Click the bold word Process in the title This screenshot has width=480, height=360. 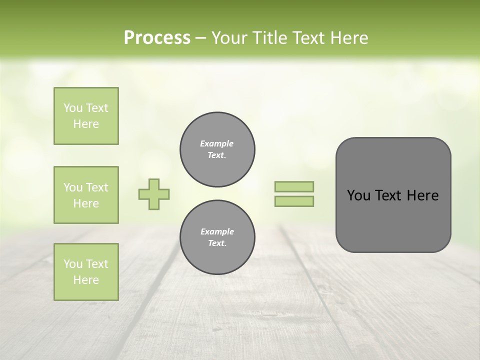pos(157,38)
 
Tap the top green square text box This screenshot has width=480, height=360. pos(86,116)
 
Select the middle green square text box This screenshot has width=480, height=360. pos(86,195)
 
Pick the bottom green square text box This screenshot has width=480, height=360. pos(86,272)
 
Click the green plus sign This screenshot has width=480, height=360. pos(154,194)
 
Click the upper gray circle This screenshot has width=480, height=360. pos(217,149)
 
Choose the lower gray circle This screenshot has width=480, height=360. pos(217,237)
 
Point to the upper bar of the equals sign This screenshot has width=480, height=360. pos(294,186)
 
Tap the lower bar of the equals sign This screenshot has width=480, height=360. pos(294,201)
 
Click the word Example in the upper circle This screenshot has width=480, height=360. pos(217,143)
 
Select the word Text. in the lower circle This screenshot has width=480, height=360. pos(217,243)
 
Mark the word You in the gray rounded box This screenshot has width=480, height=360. pos(358,195)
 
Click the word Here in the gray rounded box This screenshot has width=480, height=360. pos(422,195)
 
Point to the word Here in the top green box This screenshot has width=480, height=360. pos(86,124)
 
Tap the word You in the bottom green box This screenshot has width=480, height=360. pos(73,264)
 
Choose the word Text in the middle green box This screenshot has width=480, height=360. pos(97,187)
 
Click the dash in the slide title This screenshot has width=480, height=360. pos(200,38)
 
